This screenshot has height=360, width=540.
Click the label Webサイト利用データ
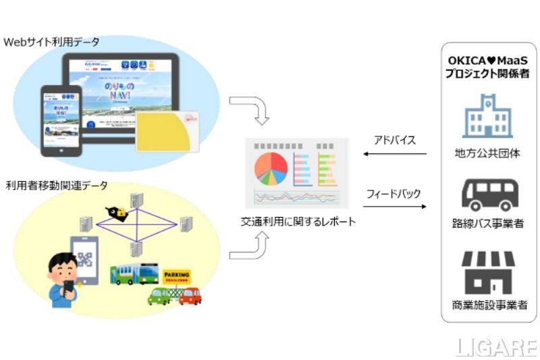52,43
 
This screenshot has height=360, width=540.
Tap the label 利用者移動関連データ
57,185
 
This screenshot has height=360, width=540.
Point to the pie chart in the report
271,168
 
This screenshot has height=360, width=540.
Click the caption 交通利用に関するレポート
298,222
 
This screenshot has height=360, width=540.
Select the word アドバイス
395,140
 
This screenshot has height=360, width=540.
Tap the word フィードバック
394,193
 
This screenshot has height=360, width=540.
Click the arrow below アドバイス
395,154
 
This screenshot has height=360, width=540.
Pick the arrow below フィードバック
395,206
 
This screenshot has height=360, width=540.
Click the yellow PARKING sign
176,276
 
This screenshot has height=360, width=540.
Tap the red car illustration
190,295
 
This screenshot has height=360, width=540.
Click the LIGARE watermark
496,347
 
